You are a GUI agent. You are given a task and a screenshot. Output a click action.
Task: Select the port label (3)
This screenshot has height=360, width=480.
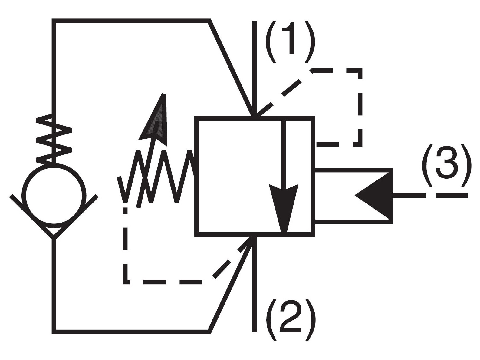click(446, 166)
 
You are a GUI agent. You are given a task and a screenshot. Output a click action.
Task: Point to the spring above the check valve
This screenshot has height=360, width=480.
click(54, 139)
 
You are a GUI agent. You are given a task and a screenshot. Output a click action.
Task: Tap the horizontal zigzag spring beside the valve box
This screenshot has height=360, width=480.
click(156, 176)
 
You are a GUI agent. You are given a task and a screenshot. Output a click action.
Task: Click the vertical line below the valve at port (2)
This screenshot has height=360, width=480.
click(254, 287)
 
